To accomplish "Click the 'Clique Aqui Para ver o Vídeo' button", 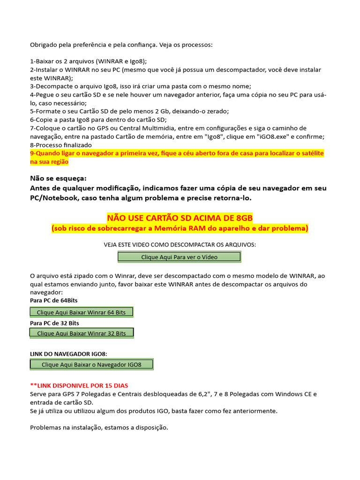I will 179,257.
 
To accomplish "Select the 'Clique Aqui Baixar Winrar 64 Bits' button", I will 82,312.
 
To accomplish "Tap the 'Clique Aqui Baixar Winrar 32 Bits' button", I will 82,333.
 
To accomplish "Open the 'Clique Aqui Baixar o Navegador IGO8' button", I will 91,364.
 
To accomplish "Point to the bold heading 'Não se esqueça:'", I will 58,178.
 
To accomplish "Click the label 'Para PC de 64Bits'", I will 54,300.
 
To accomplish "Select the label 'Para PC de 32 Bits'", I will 54,323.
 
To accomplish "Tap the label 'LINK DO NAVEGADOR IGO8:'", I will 72,353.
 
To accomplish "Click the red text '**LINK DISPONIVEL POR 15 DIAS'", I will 79,385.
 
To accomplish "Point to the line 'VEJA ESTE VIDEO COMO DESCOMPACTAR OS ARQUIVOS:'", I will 180,245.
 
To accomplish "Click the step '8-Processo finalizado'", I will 61,145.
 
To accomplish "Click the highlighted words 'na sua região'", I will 49,162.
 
